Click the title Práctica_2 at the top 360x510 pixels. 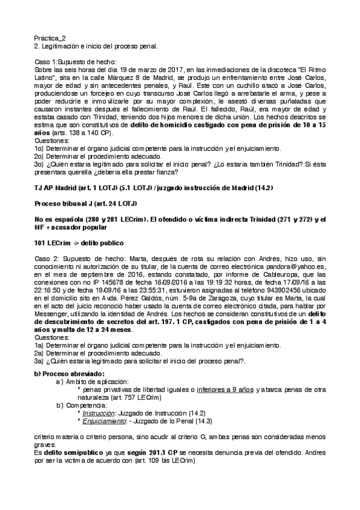49,37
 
